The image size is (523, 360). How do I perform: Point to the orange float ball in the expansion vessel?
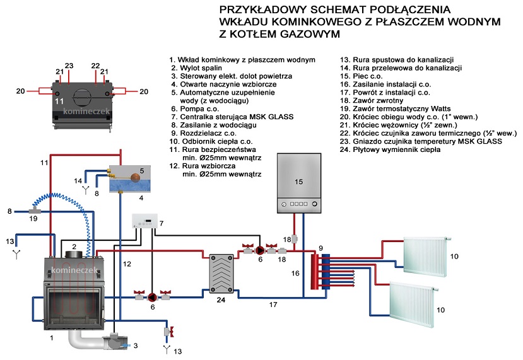point(134,177)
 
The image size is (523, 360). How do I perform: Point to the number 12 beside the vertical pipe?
point(127,264)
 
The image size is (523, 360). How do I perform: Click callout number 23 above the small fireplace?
point(69,66)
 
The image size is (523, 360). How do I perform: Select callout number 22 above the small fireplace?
point(95,66)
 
